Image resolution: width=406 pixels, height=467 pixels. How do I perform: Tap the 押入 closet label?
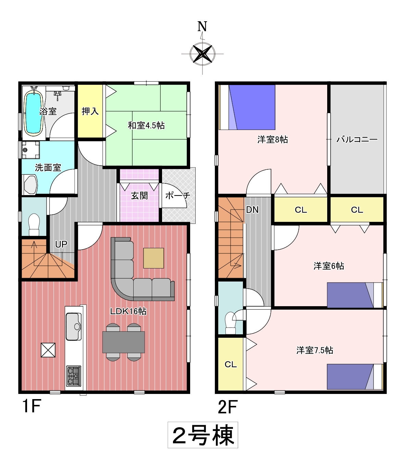pyautogui.click(x=90, y=111)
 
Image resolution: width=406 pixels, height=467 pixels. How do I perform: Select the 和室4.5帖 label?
pyautogui.click(x=146, y=125)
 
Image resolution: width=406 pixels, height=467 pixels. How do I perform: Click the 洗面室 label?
pyautogui.click(x=48, y=168)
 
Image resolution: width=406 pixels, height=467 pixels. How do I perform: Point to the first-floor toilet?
pyautogui.click(x=34, y=225)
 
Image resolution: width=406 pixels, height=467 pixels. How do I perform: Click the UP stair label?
pyautogui.click(x=61, y=244)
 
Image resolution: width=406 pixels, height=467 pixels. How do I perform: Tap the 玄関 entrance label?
pyautogui.click(x=139, y=195)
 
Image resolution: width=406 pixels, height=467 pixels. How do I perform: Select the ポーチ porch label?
pyautogui.click(x=178, y=195)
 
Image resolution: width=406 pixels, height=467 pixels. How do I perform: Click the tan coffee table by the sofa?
pyautogui.click(x=153, y=258)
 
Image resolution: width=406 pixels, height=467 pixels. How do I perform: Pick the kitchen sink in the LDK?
pyautogui.click(x=74, y=327)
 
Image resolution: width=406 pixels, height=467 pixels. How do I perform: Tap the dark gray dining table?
pyautogui.click(x=123, y=342)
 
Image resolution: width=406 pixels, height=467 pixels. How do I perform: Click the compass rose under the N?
pyautogui.click(x=202, y=54)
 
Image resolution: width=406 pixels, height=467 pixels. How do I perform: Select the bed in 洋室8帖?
pyautogui.click(x=247, y=107)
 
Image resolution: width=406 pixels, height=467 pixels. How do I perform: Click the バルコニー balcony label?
pyautogui.click(x=357, y=139)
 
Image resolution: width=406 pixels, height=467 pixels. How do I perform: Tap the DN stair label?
pyautogui.click(x=252, y=210)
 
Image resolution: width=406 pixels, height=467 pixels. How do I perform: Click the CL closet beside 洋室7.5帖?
pyautogui.click(x=231, y=364)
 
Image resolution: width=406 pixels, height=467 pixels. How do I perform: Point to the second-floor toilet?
pyautogui.click(x=231, y=322)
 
